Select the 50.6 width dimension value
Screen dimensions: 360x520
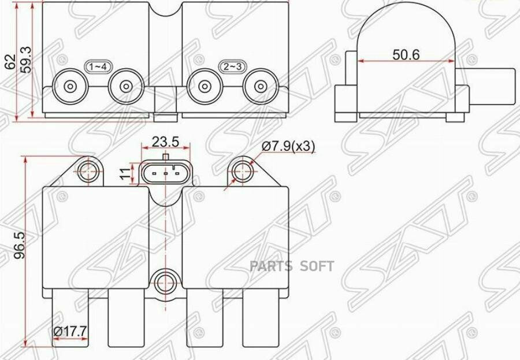tap(406, 54)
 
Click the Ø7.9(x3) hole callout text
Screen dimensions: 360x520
tap(288, 147)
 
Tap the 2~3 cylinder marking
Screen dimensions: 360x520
tap(232, 67)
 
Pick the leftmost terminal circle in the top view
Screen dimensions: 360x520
tap(70, 87)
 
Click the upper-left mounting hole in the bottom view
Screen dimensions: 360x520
tap(88, 171)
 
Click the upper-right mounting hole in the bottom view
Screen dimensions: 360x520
tap(242, 171)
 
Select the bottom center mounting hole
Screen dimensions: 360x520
tap(165, 283)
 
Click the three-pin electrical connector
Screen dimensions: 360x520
tap(165, 172)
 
